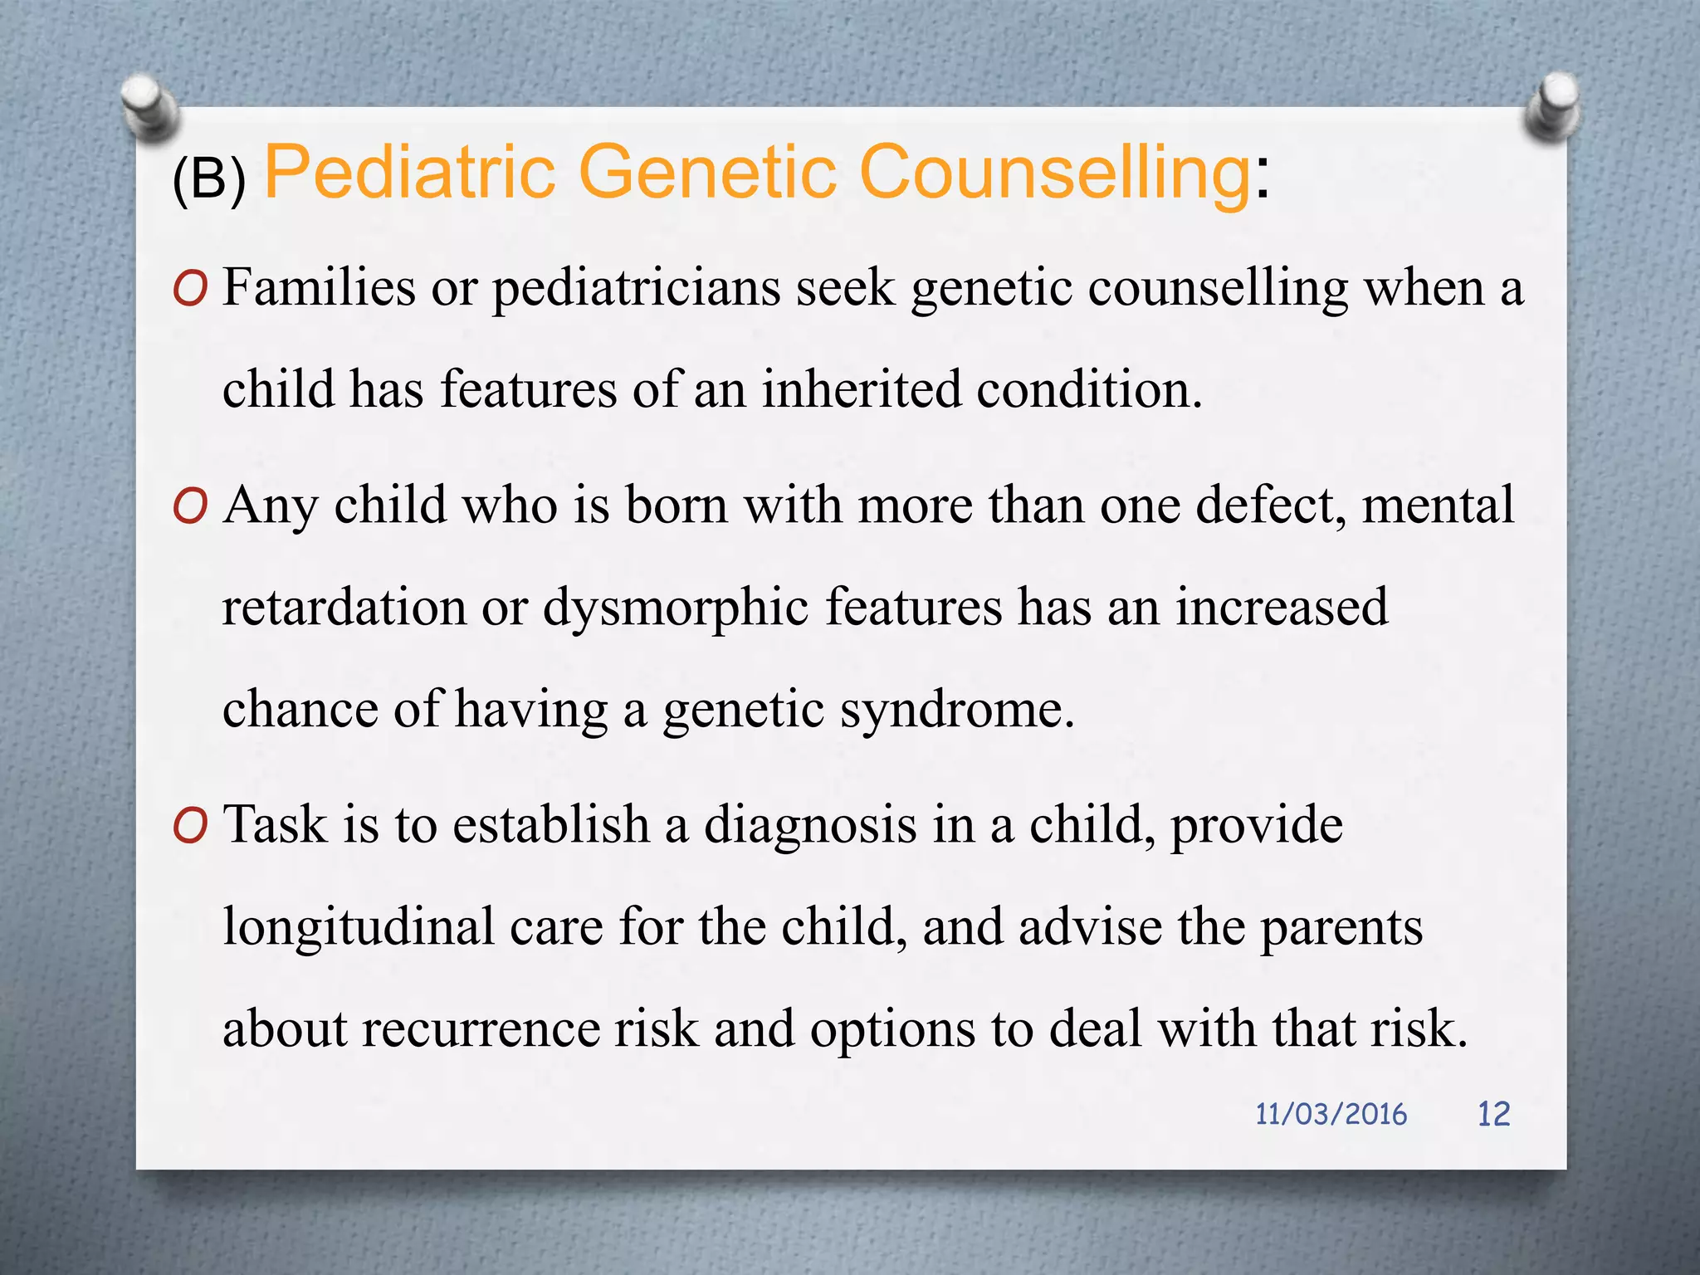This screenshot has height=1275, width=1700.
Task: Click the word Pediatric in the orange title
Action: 410,173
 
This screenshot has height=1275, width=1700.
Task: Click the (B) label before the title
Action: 209,178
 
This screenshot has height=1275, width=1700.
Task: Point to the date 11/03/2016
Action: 1331,1114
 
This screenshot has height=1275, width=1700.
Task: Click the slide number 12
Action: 1493,1114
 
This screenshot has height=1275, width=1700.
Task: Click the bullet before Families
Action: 190,290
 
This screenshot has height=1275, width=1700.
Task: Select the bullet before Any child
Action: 190,506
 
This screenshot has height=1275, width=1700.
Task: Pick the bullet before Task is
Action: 190,827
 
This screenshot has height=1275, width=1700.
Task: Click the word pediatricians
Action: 636,290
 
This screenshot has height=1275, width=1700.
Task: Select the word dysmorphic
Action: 676,608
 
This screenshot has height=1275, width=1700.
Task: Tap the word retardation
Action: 344,608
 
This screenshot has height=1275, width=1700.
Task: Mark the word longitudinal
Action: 359,927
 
